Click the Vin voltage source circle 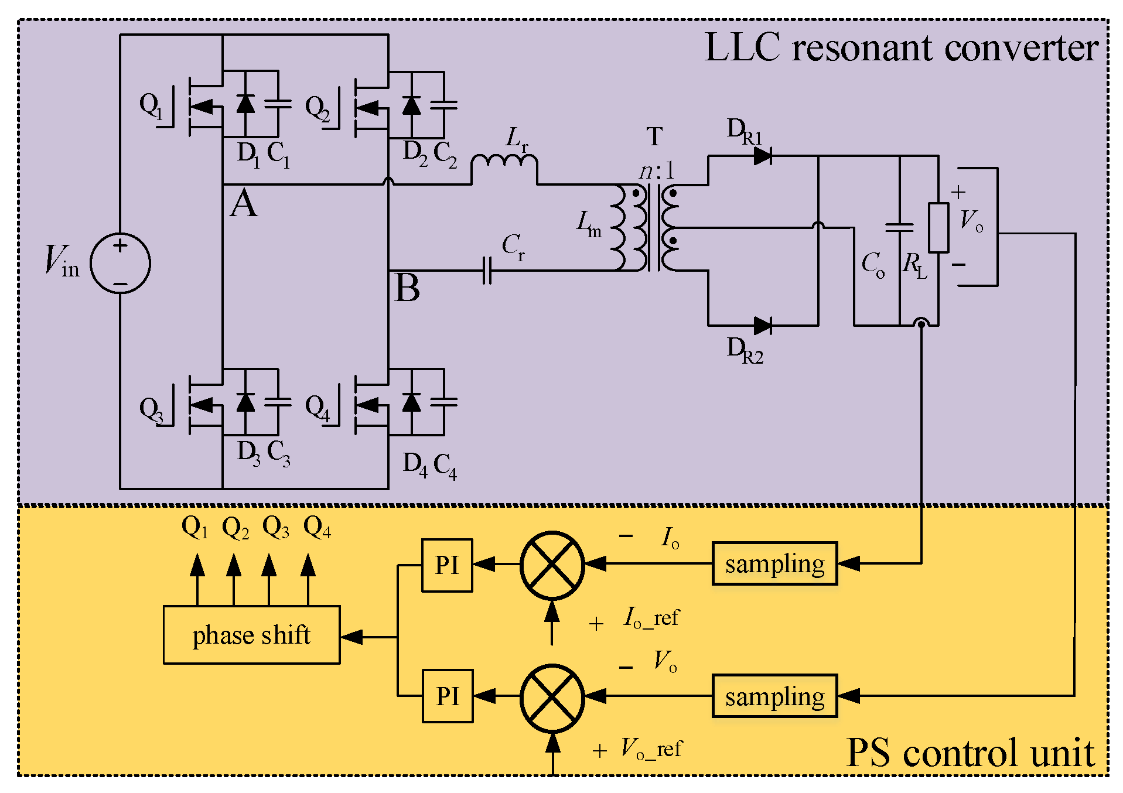(120, 263)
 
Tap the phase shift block (251, 635)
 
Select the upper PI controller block (447, 565)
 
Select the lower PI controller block (447, 696)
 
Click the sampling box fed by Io (774, 563)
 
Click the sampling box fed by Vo (774, 696)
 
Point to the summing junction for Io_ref (552, 565)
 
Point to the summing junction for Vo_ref (552, 698)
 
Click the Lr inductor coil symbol (504, 162)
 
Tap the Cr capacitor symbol (487, 271)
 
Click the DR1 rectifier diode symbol (762, 156)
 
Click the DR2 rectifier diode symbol (762, 326)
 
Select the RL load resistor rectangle (938, 228)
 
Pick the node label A (244, 204)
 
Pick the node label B (407, 288)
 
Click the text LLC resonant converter (900, 48)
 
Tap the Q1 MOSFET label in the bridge (151, 105)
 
